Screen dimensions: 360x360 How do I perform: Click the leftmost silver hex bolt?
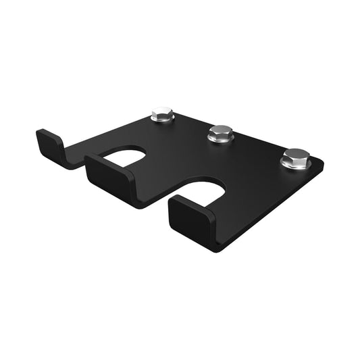pyautogui.click(x=162, y=114)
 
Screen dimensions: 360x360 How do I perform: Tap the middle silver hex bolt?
pyautogui.click(x=220, y=133)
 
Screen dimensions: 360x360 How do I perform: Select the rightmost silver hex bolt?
pyautogui.click(x=295, y=159)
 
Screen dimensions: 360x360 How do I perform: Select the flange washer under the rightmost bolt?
pyautogui.click(x=295, y=166)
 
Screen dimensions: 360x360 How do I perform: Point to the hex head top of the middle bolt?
pyautogui.click(x=220, y=130)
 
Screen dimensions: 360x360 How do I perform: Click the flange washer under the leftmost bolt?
pyautogui.click(x=162, y=120)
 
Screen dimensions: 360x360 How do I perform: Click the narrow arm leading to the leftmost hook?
pyautogui.click(x=88, y=145)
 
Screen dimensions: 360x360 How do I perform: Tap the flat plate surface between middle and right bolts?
pyautogui.click(x=257, y=152)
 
